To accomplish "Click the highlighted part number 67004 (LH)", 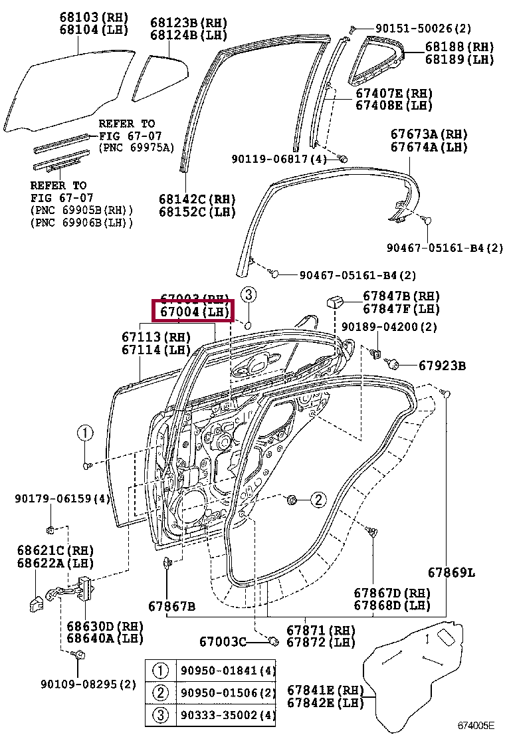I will click(x=192, y=311).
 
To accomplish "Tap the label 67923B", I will click(x=442, y=365).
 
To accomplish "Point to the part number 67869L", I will click(x=451, y=573).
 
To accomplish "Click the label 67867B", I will click(x=171, y=606).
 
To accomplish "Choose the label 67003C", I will click(x=223, y=641).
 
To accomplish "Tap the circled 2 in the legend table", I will click(x=161, y=693).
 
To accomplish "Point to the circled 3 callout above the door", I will click(x=247, y=294).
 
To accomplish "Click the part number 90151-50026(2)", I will click(x=423, y=28).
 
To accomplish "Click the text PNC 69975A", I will click(x=136, y=147).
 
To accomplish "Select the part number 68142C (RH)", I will click(x=197, y=199).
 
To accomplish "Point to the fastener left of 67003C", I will click(x=272, y=641).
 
